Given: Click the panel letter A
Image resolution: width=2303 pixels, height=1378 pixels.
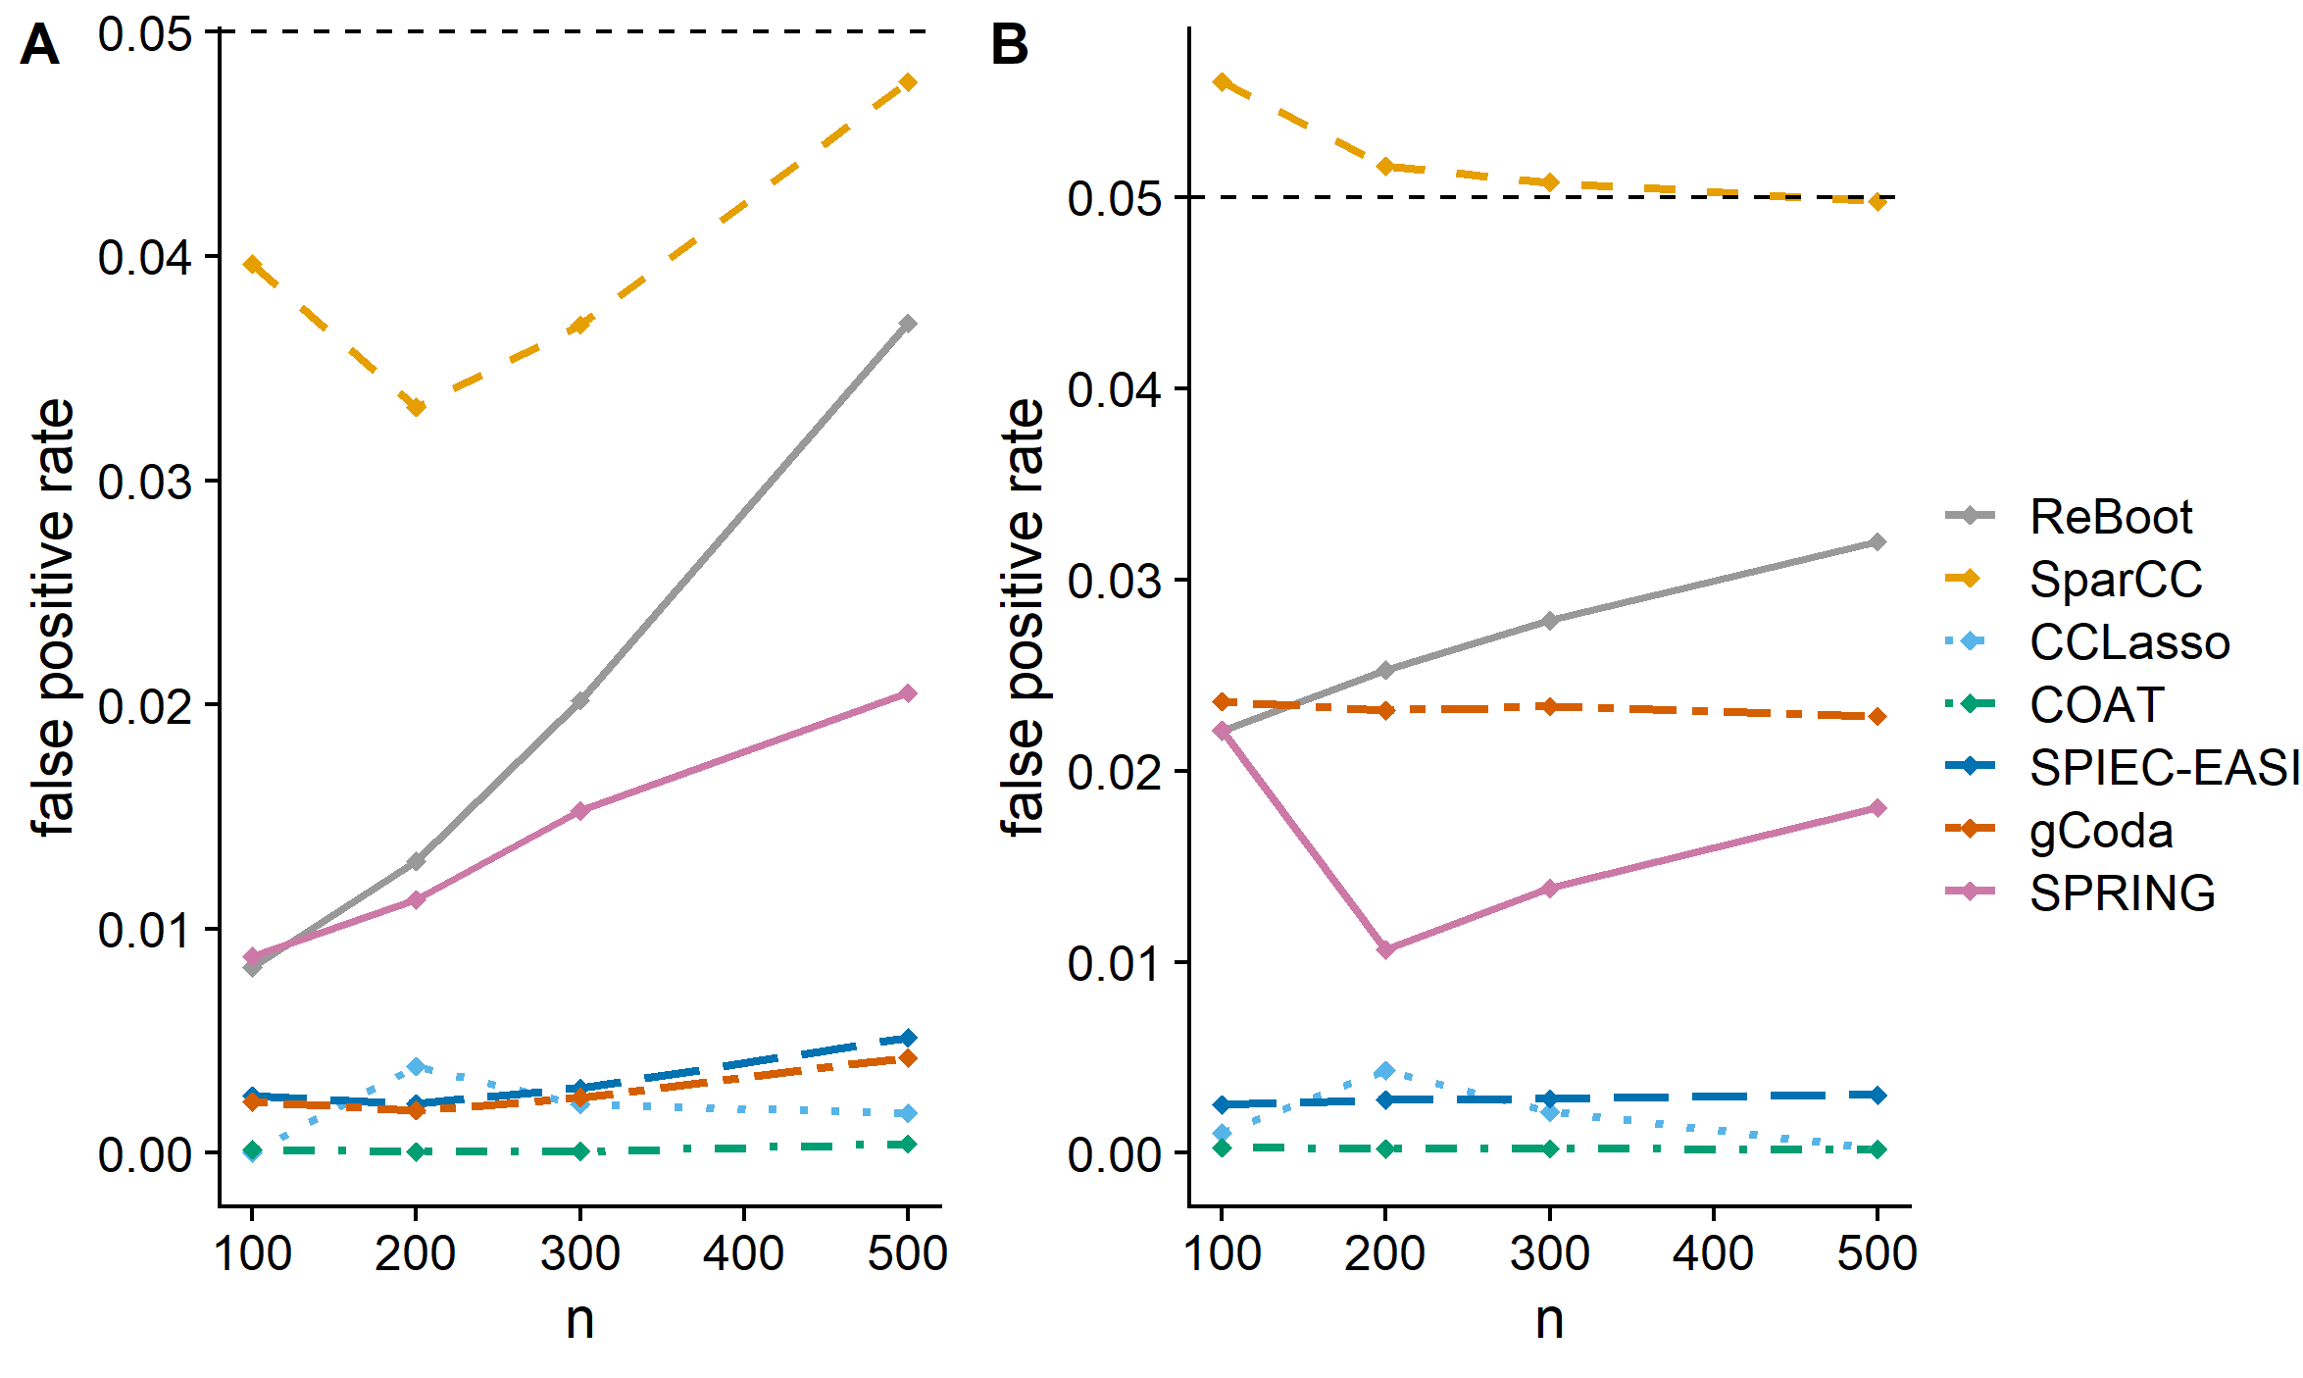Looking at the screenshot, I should (39, 45).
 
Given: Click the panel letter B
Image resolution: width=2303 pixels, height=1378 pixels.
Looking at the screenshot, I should (1010, 45).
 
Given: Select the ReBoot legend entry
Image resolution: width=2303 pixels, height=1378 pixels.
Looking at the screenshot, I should (2110, 517).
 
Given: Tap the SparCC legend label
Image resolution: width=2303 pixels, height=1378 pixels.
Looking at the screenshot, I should (2116, 580).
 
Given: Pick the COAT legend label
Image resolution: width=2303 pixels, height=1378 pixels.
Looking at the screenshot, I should (2096, 705).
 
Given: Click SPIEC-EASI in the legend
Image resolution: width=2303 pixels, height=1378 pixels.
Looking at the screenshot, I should (2164, 768).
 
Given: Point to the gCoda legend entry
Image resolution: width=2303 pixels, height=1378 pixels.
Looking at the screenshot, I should (2101, 831).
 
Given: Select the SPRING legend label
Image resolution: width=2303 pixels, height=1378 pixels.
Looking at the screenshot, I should (2122, 893).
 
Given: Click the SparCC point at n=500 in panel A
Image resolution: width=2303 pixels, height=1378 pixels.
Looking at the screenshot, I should (908, 82).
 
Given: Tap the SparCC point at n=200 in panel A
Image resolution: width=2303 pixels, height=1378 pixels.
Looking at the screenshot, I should (416, 407).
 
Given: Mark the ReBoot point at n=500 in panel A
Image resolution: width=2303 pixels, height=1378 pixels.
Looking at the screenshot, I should (908, 324).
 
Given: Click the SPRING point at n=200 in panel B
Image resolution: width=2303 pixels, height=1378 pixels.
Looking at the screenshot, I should (1385, 949).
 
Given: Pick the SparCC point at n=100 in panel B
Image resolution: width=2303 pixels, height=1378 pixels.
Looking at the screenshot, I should (1222, 82).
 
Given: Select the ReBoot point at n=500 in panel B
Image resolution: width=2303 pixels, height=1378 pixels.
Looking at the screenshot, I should (1877, 542).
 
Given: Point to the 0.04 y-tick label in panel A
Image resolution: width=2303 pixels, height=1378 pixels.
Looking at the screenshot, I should (144, 258).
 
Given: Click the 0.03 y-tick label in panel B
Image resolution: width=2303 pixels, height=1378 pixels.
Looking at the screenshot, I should (1114, 581).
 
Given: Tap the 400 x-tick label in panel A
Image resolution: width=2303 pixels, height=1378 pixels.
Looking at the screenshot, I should (743, 1253).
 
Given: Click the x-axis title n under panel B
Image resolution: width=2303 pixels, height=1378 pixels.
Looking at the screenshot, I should (1549, 1320).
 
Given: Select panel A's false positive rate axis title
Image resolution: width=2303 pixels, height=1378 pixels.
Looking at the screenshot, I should (53, 618).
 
